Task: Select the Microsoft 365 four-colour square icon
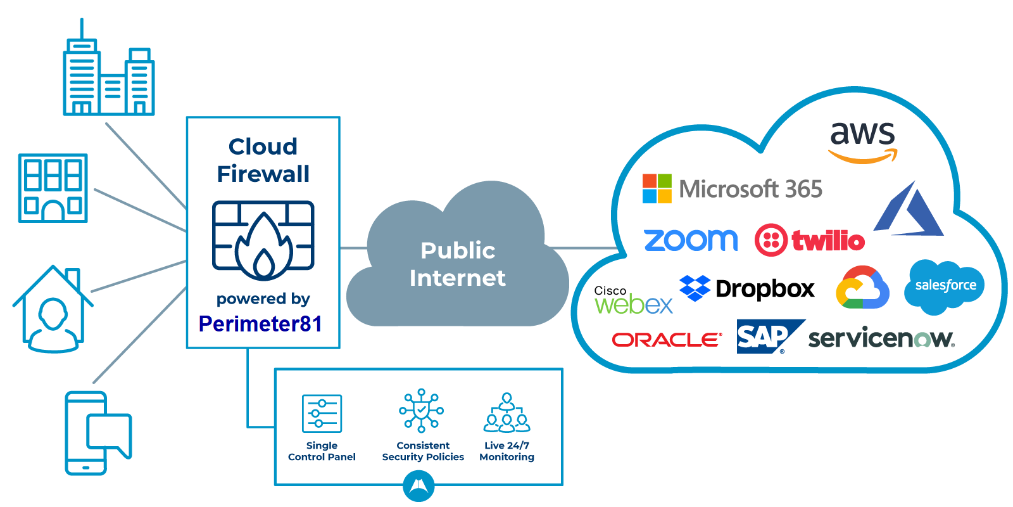[657, 188]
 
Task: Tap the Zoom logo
[690, 240]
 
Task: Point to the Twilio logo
[809, 240]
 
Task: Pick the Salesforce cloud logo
[945, 286]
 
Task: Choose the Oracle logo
[667, 340]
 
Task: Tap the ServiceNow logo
[881, 338]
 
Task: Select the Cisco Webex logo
[632, 300]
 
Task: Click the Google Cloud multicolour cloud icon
[862, 288]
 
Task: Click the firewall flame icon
[263, 241]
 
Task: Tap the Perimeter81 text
[260, 324]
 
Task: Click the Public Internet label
[457, 264]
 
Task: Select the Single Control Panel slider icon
[322, 413]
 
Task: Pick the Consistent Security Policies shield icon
[422, 411]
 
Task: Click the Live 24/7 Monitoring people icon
[507, 413]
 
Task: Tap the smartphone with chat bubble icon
[98, 433]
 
